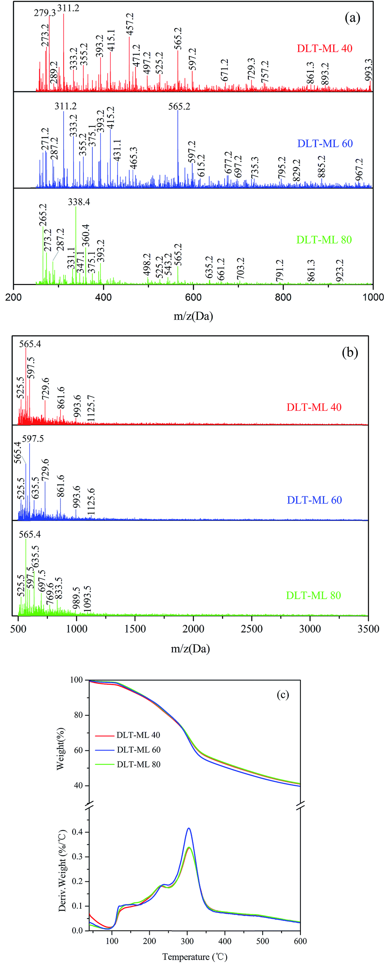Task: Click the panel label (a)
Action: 352,18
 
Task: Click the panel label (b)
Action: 350,352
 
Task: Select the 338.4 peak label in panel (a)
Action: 79,202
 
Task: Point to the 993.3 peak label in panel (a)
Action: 369,70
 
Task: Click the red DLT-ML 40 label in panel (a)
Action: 325,49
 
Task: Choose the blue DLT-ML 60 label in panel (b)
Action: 314,500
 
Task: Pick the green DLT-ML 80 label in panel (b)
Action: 314,596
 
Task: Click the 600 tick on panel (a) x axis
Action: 193,297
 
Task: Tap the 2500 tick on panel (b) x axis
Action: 252,629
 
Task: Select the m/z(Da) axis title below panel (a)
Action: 193,316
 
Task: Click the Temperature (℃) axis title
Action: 195,956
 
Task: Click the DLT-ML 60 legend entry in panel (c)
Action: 139,750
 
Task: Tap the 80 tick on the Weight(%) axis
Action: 78,715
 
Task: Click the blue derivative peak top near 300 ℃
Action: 189,829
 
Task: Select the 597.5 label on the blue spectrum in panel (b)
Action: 33,438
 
